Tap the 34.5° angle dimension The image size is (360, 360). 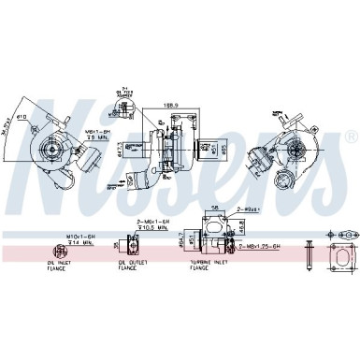point(8,122)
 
